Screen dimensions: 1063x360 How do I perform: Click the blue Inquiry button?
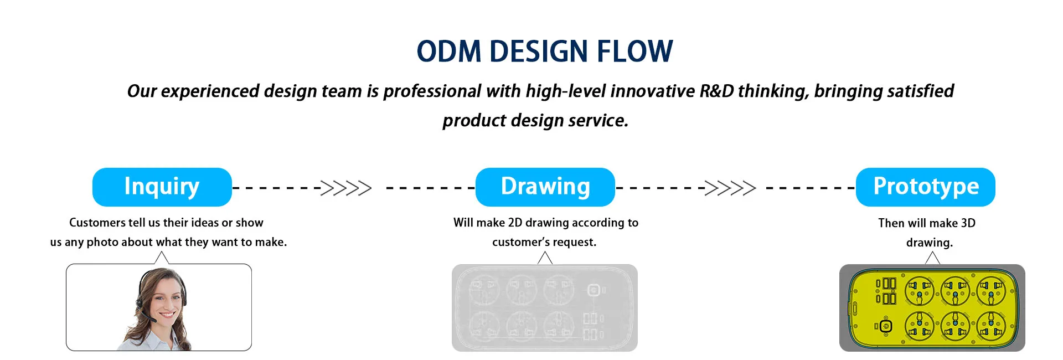(162, 187)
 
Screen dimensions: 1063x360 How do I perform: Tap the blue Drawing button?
(545, 187)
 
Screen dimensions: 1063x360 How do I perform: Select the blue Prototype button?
(926, 187)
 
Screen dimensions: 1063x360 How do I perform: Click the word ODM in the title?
(449, 51)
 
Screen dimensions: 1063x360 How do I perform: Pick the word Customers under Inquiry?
(97, 223)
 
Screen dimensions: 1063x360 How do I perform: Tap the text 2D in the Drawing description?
(515, 223)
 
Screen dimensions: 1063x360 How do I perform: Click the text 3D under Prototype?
(968, 223)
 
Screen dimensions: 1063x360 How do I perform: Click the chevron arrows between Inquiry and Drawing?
(346, 188)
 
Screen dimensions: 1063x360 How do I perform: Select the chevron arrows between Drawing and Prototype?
(730, 188)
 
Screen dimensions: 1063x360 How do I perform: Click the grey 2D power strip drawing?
(545, 308)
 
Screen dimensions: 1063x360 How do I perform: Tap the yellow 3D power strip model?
(932, 308)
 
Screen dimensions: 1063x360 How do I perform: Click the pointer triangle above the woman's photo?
(161, 258)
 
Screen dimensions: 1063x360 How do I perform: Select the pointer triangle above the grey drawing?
(545, 258)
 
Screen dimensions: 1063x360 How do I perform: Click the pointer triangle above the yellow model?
(932, 258)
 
